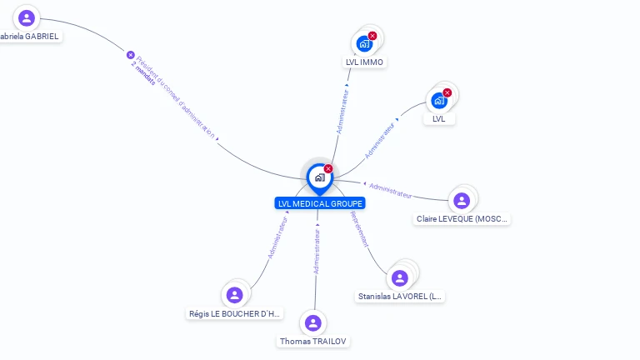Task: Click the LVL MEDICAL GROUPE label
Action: (319, 203)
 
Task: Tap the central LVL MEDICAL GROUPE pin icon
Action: (319, 177)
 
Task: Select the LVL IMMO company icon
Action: (364, 43)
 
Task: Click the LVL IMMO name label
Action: (365, 62)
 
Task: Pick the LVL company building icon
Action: (439, 101)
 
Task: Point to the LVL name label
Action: (439, 118)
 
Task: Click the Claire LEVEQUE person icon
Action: (462, 201)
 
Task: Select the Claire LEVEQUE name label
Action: (462, 219)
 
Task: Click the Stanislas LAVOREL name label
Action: (401, 297)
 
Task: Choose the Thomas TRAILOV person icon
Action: (312, 323)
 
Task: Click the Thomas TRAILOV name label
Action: (313, 342)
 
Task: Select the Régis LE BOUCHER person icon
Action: (235, 295)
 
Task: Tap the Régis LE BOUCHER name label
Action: (236, 314)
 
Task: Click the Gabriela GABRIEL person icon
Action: (27, 17)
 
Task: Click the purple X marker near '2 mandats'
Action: (131, 55)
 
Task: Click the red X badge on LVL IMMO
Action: (372, 36)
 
